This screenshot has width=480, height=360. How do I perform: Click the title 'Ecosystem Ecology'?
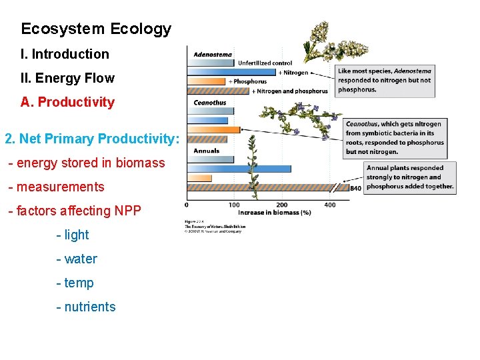tap(96, 29)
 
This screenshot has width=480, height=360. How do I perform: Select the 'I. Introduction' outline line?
tap(65, 54)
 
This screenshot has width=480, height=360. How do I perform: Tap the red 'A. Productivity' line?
tap(67, 103)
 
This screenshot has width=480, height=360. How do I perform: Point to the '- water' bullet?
tap(77, 259)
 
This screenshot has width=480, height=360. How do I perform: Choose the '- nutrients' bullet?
tap(86, 307)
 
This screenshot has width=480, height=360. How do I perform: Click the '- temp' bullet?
tap(75, 283)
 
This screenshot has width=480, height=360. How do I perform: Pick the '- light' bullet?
tap(73, 235)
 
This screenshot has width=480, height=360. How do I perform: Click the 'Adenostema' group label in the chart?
tap(213, 55)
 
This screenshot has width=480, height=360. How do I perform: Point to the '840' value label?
tap(355, 189)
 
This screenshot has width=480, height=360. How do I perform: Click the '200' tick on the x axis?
tap(282, 205)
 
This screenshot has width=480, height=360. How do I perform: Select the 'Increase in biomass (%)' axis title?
tap(274, 213)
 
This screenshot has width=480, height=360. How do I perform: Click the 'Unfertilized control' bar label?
tap(265, 63)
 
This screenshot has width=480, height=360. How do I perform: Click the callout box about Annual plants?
tap(409, 177)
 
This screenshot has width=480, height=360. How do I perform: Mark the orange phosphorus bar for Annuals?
tap(199, 178)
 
